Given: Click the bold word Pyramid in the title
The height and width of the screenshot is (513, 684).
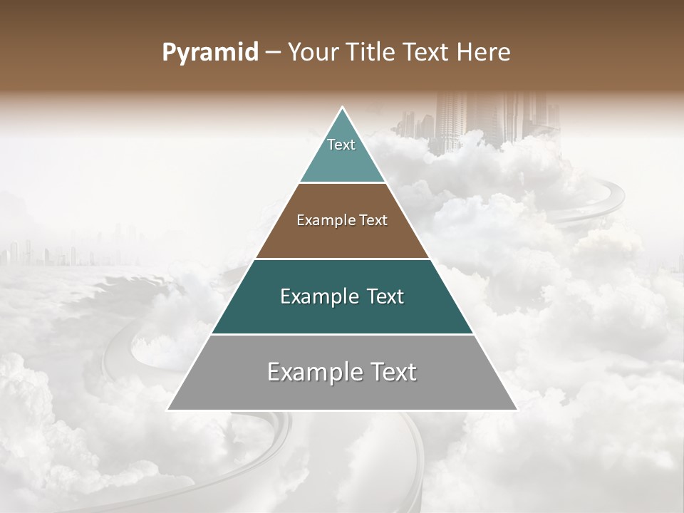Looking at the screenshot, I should click(x=209, y=53).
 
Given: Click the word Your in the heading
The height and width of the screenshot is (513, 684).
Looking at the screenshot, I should click(x=311, y=53).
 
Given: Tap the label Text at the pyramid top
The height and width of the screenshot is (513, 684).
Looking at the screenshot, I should click(x=341, y=145).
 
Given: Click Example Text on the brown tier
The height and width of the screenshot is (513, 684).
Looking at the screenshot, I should click(x=342, y=220).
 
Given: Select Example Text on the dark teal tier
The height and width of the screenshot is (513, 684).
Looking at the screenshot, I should click(x=342, y=296).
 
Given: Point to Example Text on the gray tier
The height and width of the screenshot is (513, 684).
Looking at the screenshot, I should click(x=342, y=372).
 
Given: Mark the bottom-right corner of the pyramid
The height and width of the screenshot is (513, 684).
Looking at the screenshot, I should click(x=516, y=409).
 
